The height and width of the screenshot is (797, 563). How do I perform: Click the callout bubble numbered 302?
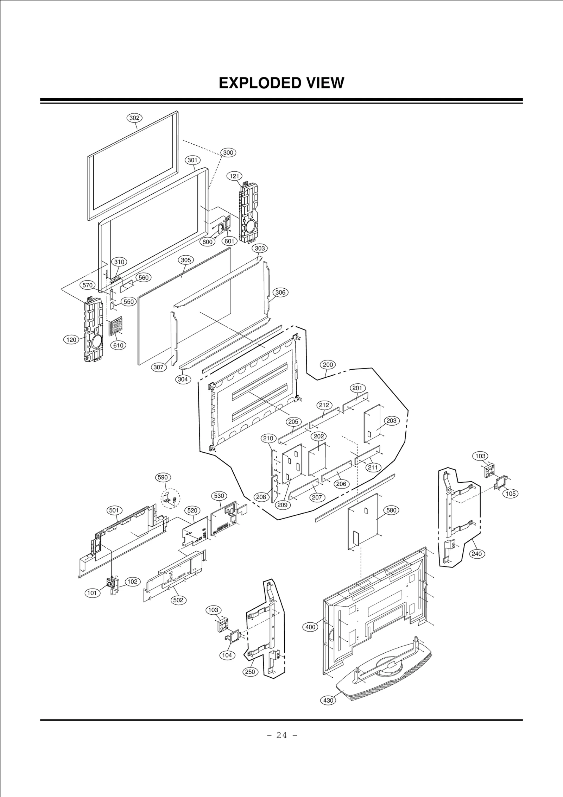point(134,118)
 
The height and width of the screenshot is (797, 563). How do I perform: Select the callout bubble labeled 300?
point(228,153)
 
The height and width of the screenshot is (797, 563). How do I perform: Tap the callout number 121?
point(235,176)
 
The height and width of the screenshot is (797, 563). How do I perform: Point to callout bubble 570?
point(87,285)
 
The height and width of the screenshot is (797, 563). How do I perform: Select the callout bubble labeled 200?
point(328,365)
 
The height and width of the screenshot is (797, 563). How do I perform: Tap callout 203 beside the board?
point(391,421)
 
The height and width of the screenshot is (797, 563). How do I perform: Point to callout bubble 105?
point(511,494)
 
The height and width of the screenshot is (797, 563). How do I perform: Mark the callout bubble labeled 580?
point(391,510)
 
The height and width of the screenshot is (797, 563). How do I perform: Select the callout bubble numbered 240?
point(476,554)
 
